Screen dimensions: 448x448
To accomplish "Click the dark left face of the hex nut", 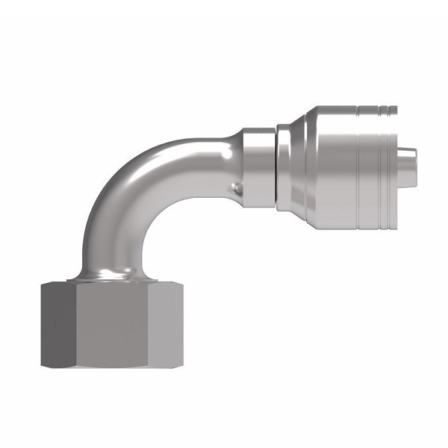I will [x=58, y=325].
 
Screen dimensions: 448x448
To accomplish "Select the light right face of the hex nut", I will [x=169, y=325].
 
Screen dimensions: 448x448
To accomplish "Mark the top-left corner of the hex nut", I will [x=43, y=284].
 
